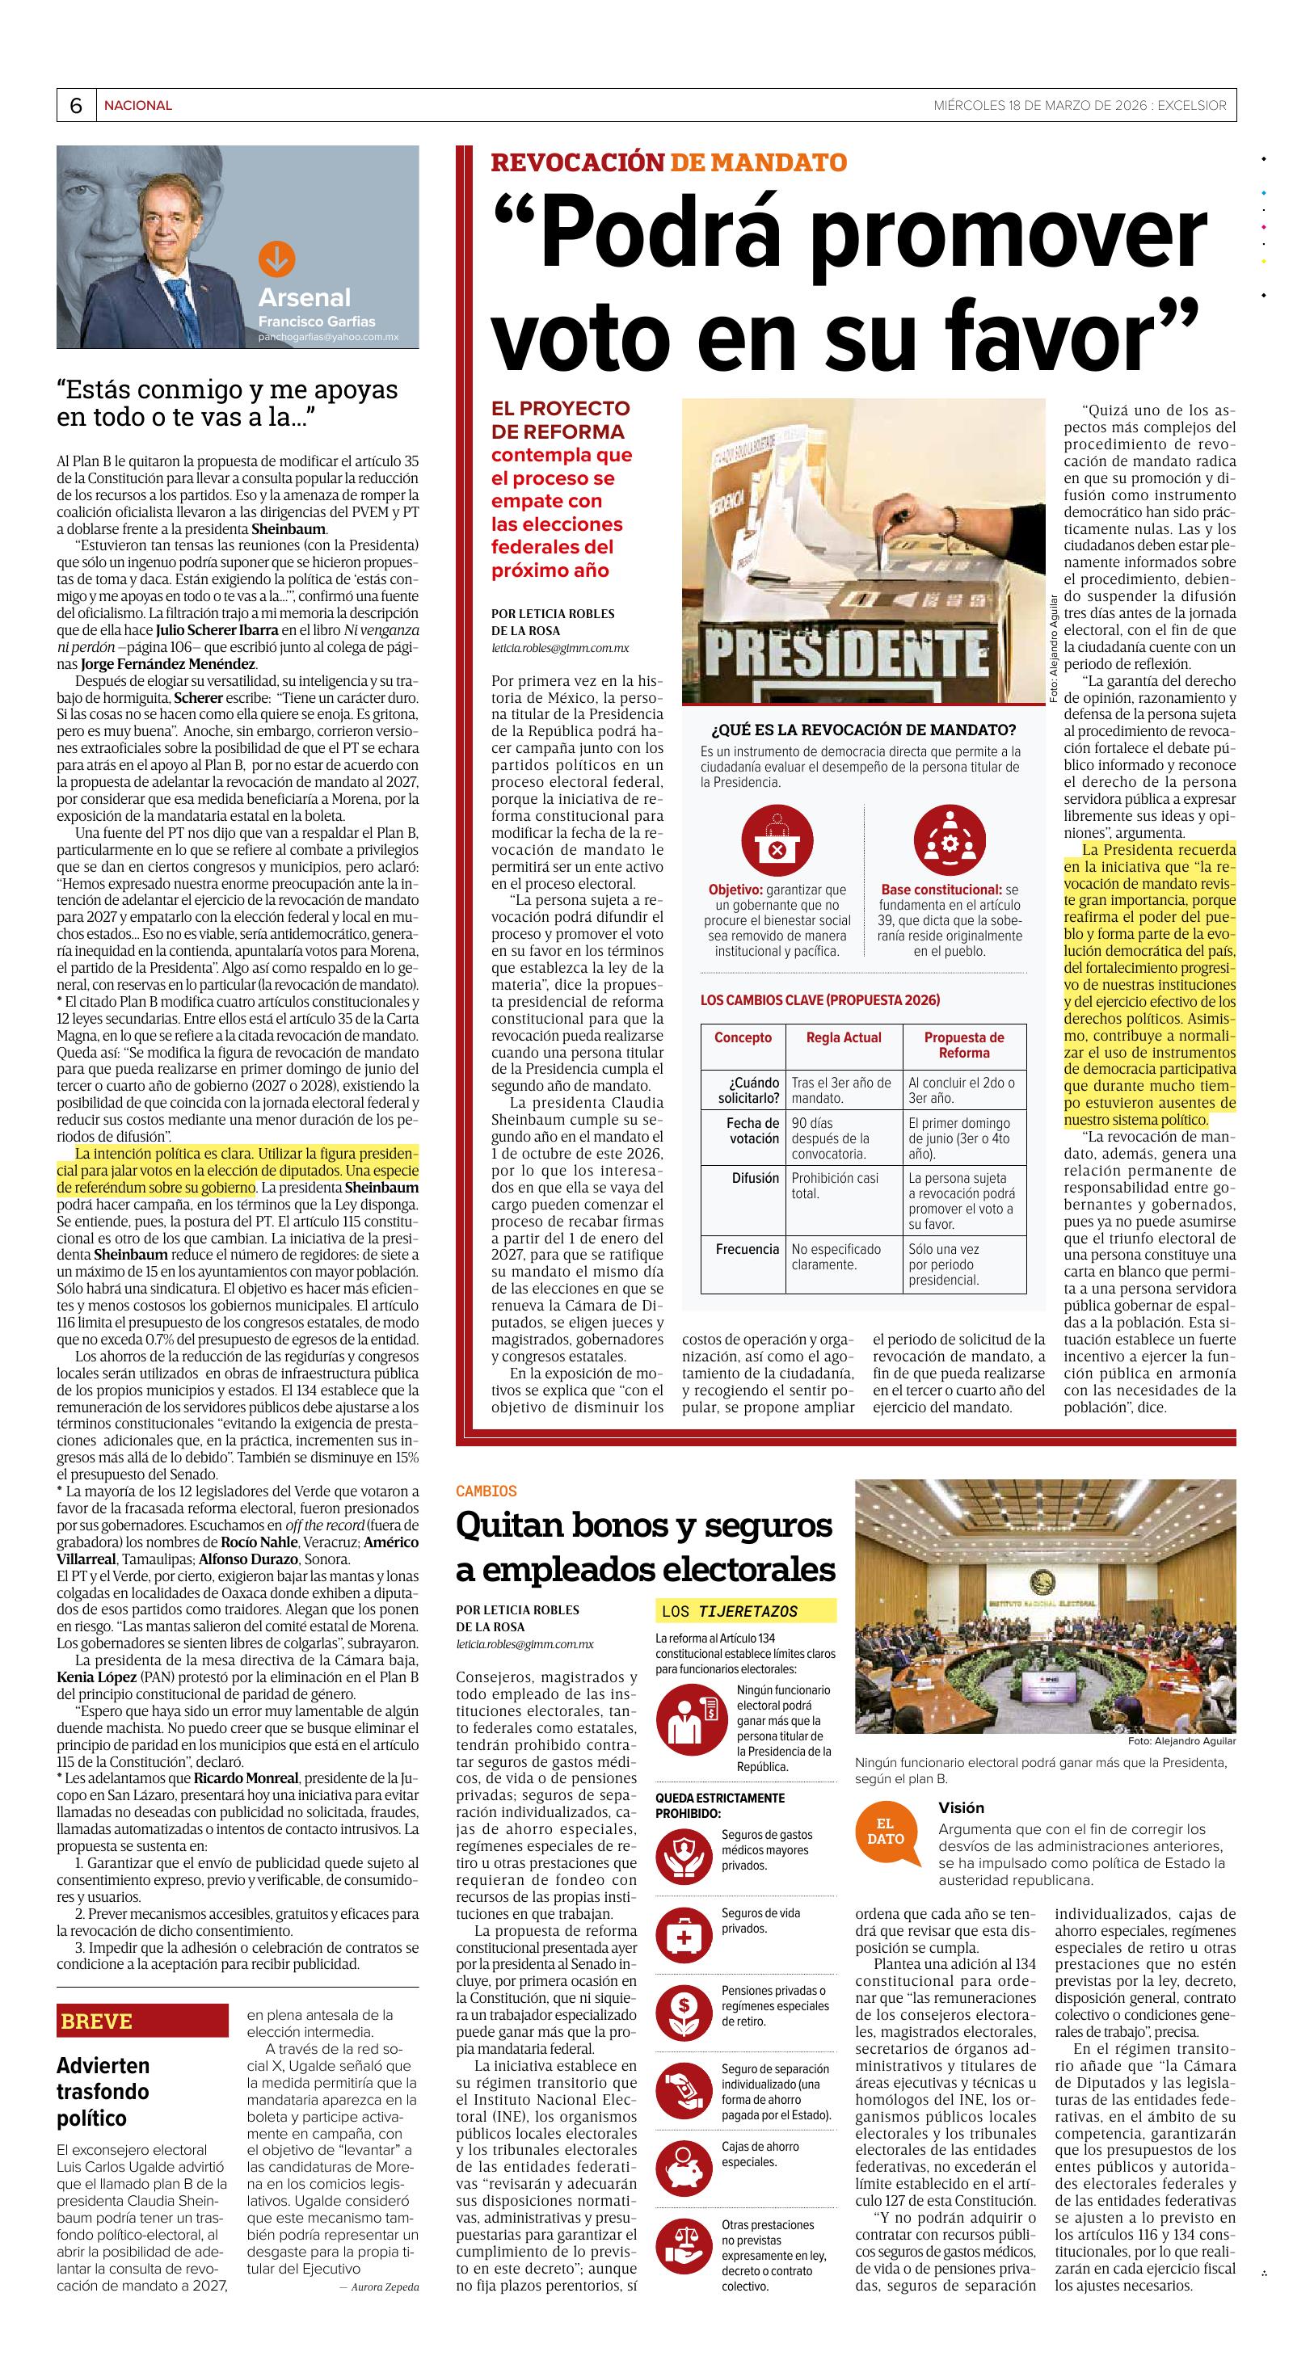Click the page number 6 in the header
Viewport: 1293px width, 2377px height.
pyautogui.click(x=76, y=106)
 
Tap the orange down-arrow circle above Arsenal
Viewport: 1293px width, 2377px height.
pyautogui.click(x=275, y=260)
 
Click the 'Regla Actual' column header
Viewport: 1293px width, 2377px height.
pyautogui.click(x=844, y=1037)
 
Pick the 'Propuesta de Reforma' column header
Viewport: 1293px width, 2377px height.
pyautogui.click(x=963, y=1045)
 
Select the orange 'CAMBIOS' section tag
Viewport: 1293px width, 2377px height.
pyautogui.click(x=486, y=1490)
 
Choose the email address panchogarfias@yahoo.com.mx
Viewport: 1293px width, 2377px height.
pyautogui.click(x=329, y=339)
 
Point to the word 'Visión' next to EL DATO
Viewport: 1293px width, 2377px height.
pyautogui.click(x=962, y=1807)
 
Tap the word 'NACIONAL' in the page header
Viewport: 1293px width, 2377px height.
pyautogui.click(x=137, y=105)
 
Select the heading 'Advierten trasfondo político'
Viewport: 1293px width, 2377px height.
pyautogui.click(x=103, y=2091)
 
